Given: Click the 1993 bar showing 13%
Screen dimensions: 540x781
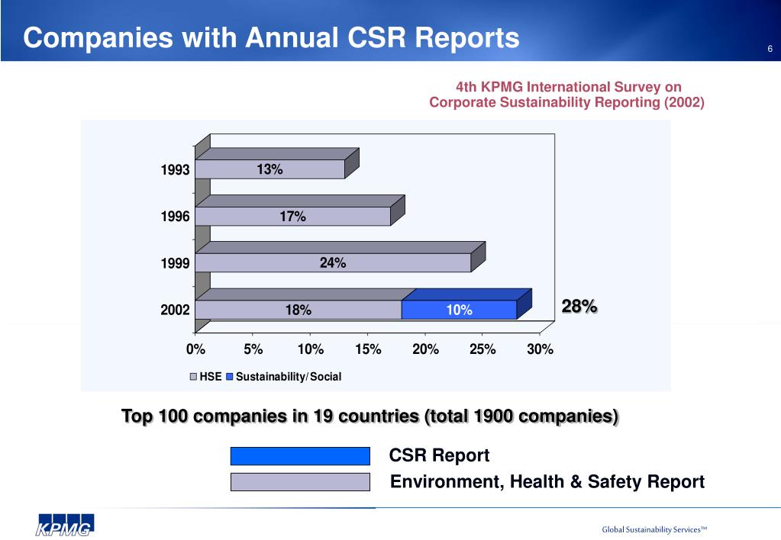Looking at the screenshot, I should tap(269, 169).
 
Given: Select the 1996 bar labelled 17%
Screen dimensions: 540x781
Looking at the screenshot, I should tap(292, 217).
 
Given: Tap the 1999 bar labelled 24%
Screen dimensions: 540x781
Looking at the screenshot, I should tap(333, 263).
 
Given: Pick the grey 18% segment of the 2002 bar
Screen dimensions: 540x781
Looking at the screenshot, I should tap(298, 310).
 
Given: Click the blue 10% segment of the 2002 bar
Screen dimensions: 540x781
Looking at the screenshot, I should tap(459, 310).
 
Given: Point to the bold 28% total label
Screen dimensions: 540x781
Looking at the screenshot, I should tap(579, 307).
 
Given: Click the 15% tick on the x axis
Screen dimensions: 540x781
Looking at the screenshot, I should tap(368, 349).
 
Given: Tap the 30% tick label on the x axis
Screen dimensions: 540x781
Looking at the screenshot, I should tap(540, 349).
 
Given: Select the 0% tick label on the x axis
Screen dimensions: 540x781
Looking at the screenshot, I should tap(195, 349).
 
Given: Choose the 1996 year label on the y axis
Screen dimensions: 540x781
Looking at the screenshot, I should tap(175, 217).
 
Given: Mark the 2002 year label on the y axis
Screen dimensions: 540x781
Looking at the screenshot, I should tap(175, 310).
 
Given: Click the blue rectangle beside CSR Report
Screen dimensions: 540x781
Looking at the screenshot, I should tap(299, 456).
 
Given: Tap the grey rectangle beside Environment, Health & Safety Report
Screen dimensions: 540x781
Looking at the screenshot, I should tap(299, 482).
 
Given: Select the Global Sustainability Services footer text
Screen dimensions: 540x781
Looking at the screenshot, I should tap(655, 529).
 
